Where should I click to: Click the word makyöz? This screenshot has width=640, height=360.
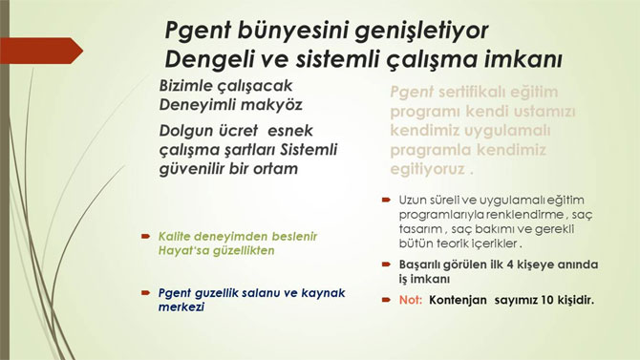coord(269,103)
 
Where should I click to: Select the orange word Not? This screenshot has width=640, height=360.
coord(411,300)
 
